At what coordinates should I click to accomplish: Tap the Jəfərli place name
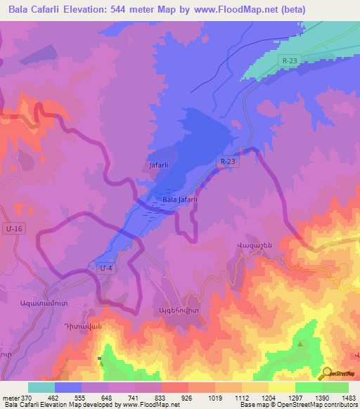[158, 166]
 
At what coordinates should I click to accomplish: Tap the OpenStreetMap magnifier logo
[328, 374]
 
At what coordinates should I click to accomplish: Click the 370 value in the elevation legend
[27, 397]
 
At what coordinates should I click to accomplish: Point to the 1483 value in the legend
[349, 397]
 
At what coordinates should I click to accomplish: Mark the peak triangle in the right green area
[300, 344]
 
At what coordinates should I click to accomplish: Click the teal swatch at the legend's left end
[41, 387]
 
